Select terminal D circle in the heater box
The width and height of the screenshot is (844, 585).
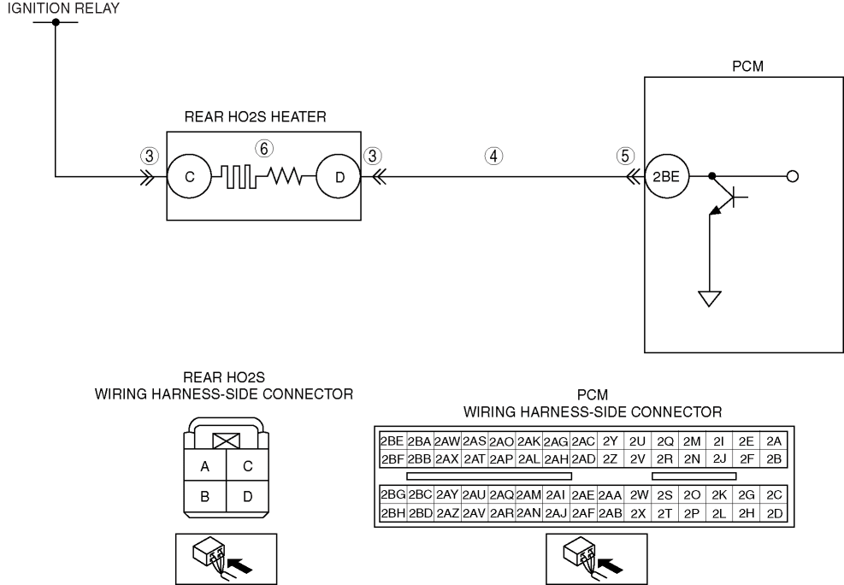tap(339, 176)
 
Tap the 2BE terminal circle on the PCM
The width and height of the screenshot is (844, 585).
tap(666, 176)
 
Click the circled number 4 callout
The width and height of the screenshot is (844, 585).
tap(493, 156)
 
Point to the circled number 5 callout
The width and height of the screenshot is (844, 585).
tap(625, 156)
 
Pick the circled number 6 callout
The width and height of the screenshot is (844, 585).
tap(263, 149)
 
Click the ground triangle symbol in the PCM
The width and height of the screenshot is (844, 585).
tap(710, 298)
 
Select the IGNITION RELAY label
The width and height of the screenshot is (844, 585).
tap(63, 8)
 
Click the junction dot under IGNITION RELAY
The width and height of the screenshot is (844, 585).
tap(56, 22)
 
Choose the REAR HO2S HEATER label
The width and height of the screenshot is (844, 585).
tap(255, 117)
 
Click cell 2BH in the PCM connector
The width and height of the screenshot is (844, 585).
tap(393, 513)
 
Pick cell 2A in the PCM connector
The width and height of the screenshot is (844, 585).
tap(774, 441)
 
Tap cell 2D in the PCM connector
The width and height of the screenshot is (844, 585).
tap(774, 513)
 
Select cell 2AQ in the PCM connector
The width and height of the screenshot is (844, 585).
tap(502, 495)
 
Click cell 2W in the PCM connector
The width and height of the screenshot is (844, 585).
tap(638, 495)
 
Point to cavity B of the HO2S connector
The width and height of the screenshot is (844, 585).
tap(204, 496)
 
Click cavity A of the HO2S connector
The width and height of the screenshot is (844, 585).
tap(204, 466)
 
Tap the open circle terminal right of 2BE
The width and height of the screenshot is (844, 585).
tap(793, 176)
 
